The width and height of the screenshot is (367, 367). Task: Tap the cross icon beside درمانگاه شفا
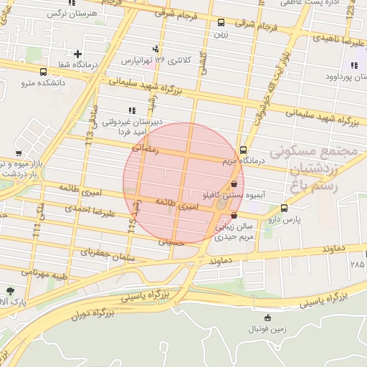point(77,54)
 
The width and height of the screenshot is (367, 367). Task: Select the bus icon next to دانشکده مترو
point(44,72)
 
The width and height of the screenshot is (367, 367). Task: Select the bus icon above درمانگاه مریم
point(243,151)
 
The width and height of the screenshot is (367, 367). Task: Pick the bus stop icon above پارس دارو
point(285,209)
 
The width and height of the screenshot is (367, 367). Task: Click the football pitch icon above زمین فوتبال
point(267,318)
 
